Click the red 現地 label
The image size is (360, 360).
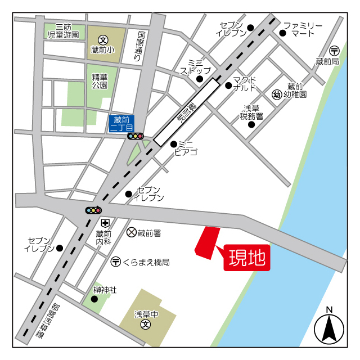[247, 258]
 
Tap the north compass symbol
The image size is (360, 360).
[329, 327]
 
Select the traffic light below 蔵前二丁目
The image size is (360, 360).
[136, 136]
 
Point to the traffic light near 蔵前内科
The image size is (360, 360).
[93, 210]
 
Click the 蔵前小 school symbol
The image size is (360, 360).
[103, 39]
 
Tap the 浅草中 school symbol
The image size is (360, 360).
[146, 325]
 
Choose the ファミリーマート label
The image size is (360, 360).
[303, 30]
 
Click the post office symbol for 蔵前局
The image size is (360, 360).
[335, 50]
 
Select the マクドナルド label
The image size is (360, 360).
[245, 84]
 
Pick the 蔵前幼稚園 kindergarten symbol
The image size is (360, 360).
[276, 94]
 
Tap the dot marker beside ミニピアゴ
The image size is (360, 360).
[174, 144]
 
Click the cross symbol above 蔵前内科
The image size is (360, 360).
[104, 223]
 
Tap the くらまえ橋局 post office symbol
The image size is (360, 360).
[115, 261]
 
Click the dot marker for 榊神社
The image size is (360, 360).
[94, 299]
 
